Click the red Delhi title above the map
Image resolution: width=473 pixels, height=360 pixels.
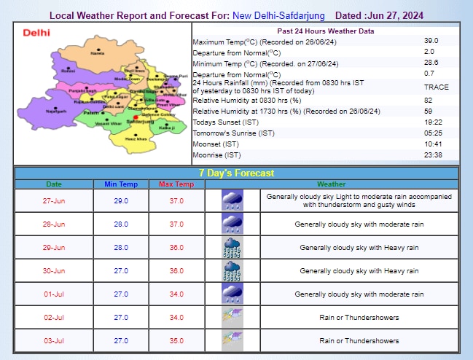tap(36, 33)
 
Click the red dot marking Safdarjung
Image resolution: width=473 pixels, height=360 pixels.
tap(136, 117)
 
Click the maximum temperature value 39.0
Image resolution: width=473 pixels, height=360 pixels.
tap(431, 42)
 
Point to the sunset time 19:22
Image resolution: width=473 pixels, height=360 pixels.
tap(433, 122)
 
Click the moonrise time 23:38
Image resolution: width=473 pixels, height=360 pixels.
tap(433, 154)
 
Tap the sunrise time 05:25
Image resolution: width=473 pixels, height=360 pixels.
tap(433, 133)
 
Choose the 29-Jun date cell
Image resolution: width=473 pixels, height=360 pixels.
tap(54, 248)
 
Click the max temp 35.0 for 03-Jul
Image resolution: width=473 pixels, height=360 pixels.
tap(176, 340)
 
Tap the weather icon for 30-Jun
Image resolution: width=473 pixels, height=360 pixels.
tap(232, 271)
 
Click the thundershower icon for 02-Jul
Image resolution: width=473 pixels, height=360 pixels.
tap(232, 317)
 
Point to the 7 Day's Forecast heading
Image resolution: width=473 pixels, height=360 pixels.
tap(236, 173)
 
